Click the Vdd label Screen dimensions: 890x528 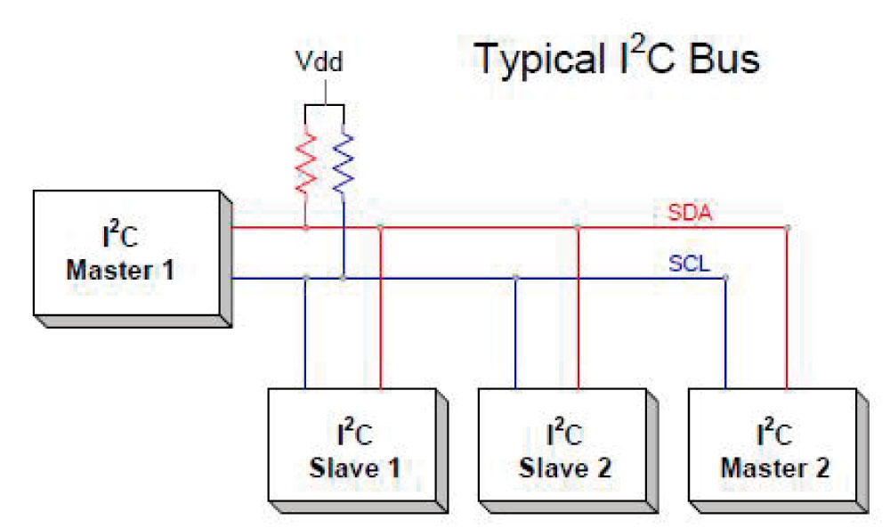click(319, 61)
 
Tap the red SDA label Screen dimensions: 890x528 click(689, 212)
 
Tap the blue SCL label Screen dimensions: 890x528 click(689, 264)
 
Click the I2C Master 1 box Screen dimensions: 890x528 click(133, 259)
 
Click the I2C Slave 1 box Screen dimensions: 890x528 click(358, 451)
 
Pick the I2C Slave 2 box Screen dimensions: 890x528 click(568, 451)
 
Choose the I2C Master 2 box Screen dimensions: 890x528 click(778, 451)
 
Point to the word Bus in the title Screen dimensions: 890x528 click(724, 59)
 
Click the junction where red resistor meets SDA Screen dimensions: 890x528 click(306, 228)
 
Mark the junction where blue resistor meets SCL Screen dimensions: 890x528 click(343, 278)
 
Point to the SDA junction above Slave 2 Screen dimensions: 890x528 click(578, 227)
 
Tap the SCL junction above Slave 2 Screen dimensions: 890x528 click(515, 278)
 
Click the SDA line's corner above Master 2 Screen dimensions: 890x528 click(787, 228)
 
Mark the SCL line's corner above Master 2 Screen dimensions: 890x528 click(725, 278)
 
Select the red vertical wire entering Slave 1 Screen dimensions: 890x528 click(380, 308)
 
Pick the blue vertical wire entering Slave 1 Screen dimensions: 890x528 click(305, 333)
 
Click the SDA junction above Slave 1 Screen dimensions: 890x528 click(380, 228)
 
